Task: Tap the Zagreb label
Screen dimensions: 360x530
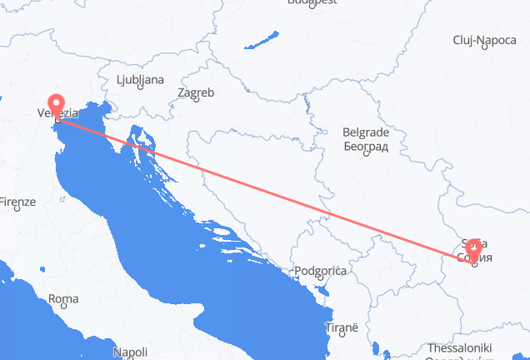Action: point(197,92)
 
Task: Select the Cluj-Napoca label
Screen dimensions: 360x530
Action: point(484,39)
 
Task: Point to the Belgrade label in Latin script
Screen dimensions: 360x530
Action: point(367,132)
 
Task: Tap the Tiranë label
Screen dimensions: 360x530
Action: point(340,329)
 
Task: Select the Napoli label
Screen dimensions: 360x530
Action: point(130,352)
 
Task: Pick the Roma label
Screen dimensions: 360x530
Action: point(64,298)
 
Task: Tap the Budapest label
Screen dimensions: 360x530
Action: point(312,2)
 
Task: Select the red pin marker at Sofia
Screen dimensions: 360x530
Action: point(473,247)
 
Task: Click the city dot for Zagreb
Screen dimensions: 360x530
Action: point(194,101)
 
